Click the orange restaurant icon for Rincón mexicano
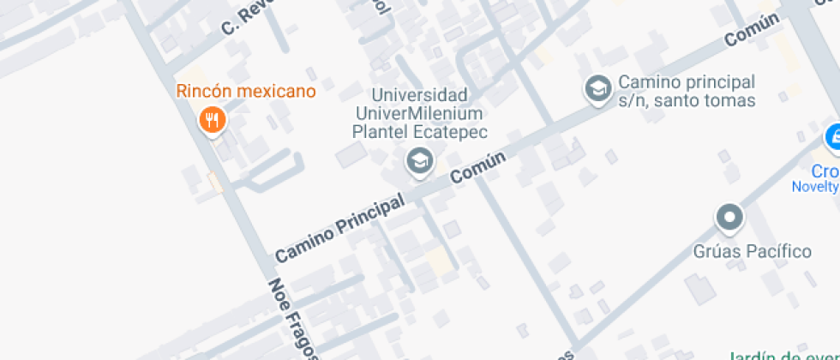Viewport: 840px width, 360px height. [x=212, y=120]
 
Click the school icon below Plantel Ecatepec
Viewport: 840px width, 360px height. [x=419, y=160]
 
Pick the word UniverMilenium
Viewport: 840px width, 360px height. [x=420, y=113]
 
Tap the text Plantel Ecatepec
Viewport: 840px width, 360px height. [x=420, y=131]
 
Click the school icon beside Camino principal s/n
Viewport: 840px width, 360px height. [x=597, y=88]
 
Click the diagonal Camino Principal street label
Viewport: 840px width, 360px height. [x=340, y=227]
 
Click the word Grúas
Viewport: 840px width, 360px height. [x=716, y=251]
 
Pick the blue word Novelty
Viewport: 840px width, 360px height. [x=814, y=187]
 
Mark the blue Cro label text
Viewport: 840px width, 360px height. [x=825, y=170]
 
